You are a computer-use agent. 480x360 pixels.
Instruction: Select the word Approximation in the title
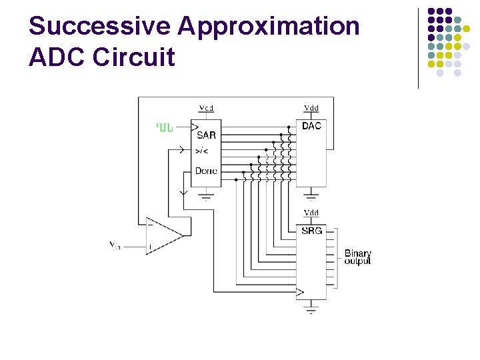click(269, 27)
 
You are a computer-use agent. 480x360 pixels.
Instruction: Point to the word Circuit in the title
click(134, 57)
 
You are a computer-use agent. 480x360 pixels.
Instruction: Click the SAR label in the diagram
click(206, 135)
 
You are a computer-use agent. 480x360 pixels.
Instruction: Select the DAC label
click(311, 126)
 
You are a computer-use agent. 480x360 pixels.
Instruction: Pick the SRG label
click(311, 231)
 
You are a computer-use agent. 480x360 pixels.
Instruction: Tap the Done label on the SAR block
click(206, 171)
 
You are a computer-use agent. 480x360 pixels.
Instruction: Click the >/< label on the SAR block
click(202, 151)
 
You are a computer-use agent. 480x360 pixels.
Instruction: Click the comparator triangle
click(163, 235)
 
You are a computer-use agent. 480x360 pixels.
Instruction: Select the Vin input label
click(115, 245)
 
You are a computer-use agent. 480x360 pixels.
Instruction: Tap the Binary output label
click(357, 257)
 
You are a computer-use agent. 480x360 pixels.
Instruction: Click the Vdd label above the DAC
click(311, 108)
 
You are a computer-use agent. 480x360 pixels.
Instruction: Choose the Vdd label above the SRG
click(311, 213)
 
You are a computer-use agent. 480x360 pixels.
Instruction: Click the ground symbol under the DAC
click(311, 196)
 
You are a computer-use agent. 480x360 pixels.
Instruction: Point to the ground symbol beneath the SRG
click(311, 309)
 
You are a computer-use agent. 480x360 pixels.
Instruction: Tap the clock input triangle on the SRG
click(300, 292)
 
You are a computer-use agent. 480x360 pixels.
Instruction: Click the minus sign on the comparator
click(150, 225)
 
